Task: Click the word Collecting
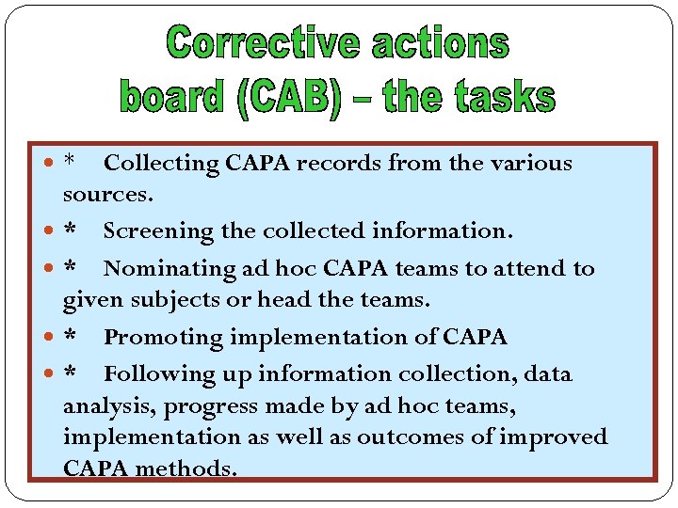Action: tap(161, 164)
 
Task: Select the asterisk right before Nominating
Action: tap(70, 267)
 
